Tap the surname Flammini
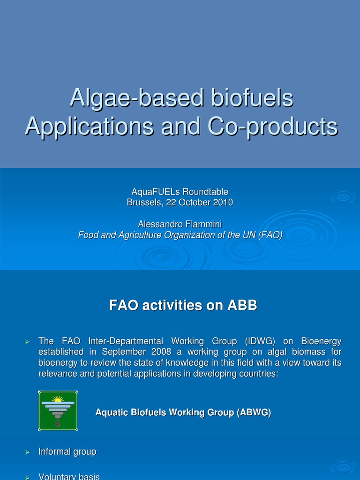(203, 224)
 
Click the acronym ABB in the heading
(242, 306)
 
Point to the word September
(122, 352)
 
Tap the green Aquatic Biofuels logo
(58, 411)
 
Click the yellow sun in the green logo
(58, 399)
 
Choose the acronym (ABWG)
(254, 412)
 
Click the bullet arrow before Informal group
(27, 452)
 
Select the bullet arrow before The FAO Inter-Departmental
(27, 341)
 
